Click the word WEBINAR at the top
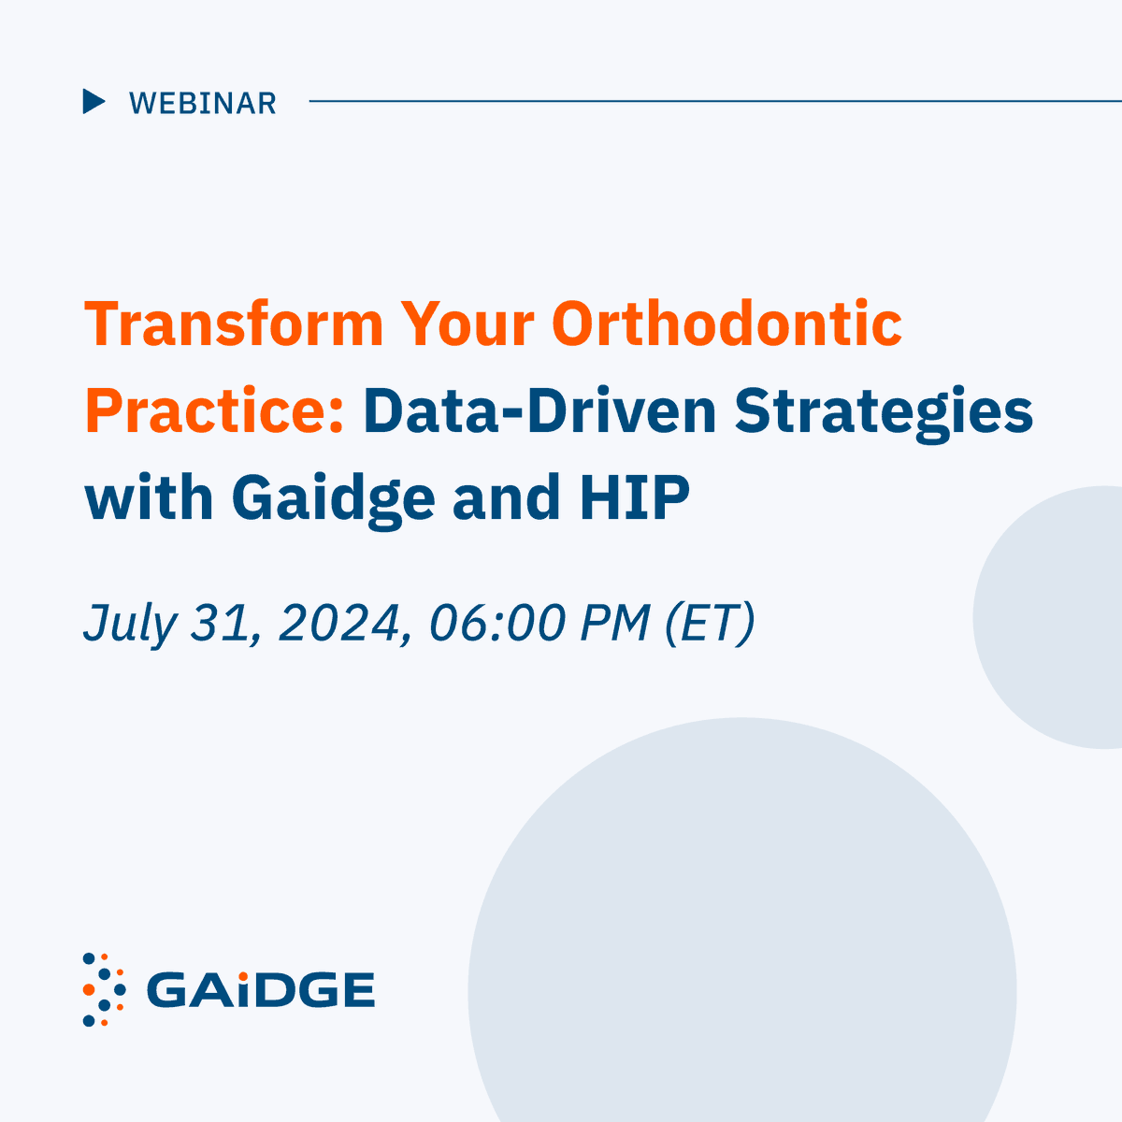[203, 103]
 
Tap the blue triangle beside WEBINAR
[93, 101]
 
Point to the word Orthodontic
[726, 324]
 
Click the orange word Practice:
[215, 411]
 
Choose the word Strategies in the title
[884, 413]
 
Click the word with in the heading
[149, 497]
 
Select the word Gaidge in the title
[333, 499]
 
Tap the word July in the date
[129, 623]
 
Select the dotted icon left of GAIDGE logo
[104, 989]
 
